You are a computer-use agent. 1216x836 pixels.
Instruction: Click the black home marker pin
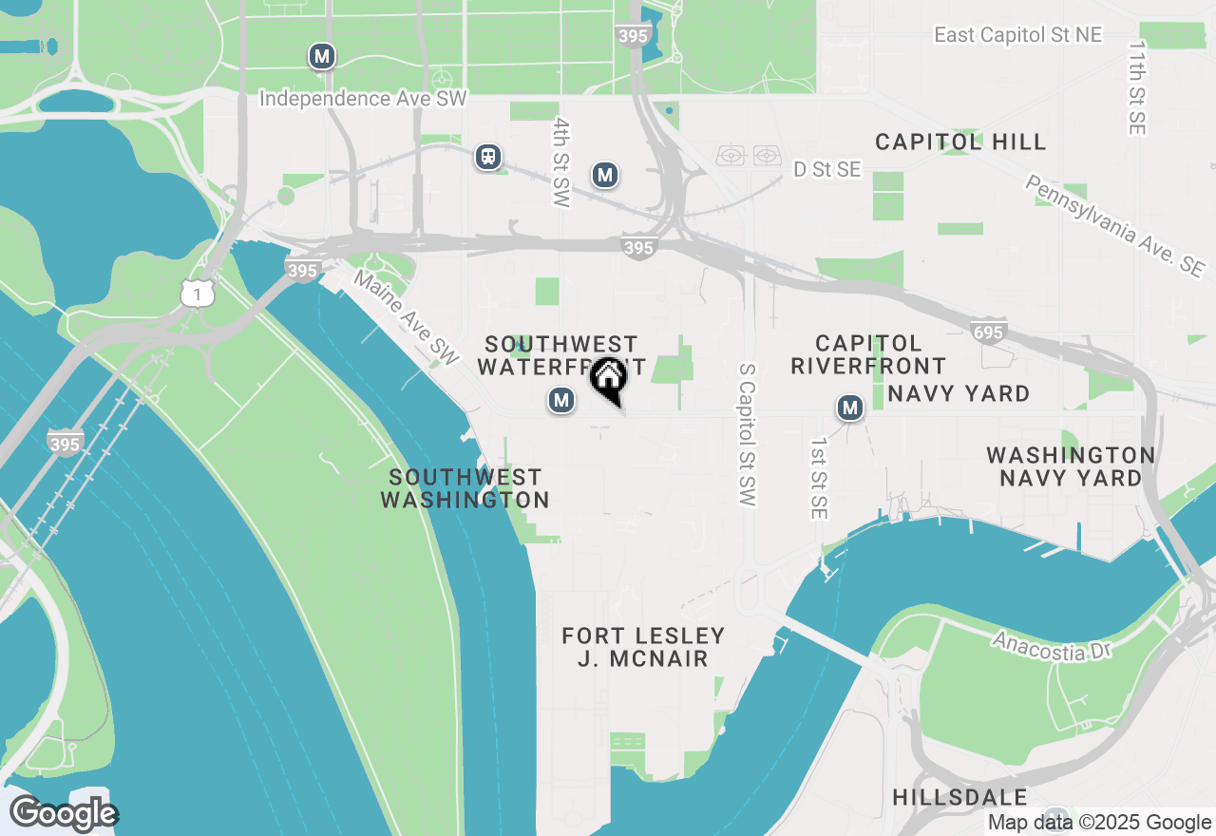tap(609, 379)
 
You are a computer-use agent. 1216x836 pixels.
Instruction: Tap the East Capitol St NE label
tap(1017, 35)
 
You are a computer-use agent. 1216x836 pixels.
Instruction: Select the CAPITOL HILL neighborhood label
tap(960, 142)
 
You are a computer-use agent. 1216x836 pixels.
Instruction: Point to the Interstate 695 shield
tap(987, 331)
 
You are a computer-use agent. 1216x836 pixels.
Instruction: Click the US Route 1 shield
tap(198, 294)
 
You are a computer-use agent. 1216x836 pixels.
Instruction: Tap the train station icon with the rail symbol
tap(488, 157)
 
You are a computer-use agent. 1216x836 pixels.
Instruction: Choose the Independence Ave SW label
tap(363, 99)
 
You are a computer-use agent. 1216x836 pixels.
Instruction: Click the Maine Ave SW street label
tap(407, 316)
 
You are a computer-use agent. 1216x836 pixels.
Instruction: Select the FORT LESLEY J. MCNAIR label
tap(643, 647)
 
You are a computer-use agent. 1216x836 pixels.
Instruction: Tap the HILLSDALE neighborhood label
tap(959, 797)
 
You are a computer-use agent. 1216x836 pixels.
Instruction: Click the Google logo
tap(64, 813)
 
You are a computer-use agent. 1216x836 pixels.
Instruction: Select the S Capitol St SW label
tap(746, 433)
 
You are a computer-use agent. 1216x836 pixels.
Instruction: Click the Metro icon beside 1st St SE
tap(849, 408)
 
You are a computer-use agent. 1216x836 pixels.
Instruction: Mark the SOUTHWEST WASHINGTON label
tap(465, 488)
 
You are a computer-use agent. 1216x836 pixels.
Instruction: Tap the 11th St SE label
tap(1136, 87)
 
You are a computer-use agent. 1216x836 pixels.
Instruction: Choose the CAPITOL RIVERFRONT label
tap(868, 354)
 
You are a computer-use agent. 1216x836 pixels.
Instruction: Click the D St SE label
tap(826, 169)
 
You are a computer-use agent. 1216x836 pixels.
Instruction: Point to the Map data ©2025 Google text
tap(1099, 823)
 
